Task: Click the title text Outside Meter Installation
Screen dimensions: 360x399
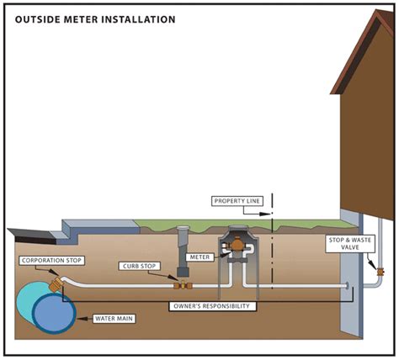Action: tap(95, 18)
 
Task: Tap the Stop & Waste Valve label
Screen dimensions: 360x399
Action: tap(345, 244)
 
